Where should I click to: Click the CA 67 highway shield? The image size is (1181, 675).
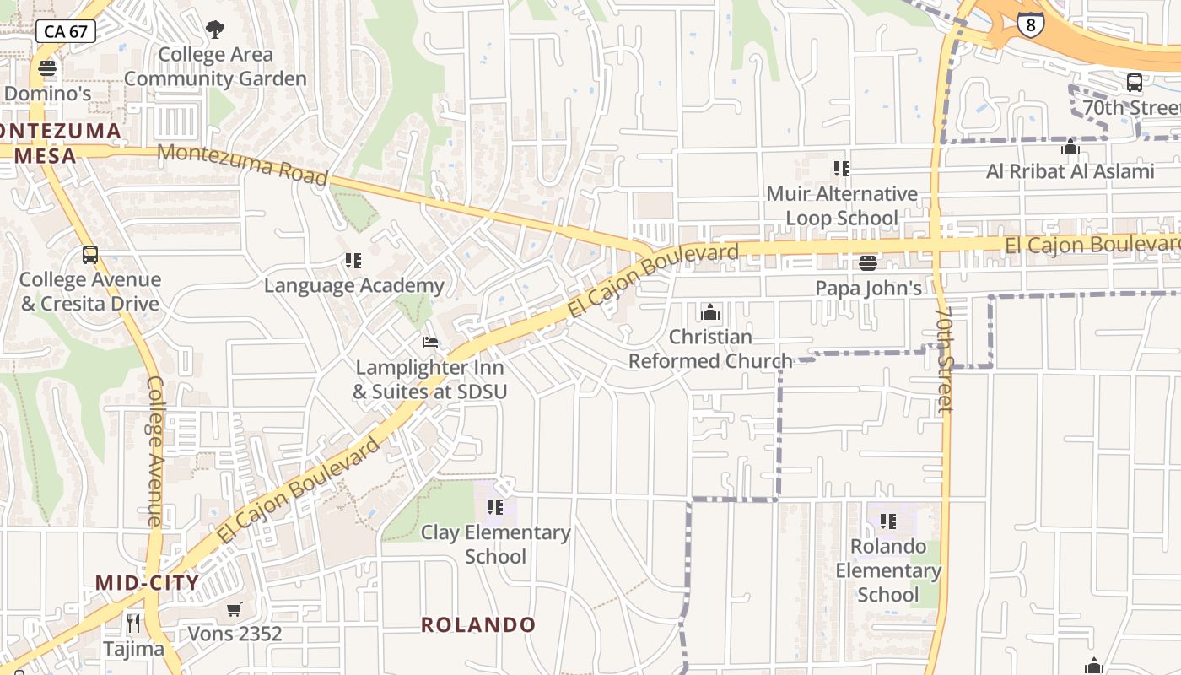click(66, 32)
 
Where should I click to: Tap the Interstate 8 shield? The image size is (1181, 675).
click(1029, 24)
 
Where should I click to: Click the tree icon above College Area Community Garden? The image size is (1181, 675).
click(215, 30)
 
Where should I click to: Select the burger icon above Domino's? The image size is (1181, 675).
click(47, 67)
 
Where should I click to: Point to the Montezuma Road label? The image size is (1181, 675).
click(242, 165)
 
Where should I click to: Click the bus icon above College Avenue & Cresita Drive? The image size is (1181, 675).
click(89, 254)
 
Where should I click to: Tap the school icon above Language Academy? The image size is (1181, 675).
click(353, 261)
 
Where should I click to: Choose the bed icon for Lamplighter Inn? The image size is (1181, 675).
click(430, 343)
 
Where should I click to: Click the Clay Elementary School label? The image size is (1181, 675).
click(496, 544)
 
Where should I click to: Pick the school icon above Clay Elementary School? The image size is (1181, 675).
click(495, 507)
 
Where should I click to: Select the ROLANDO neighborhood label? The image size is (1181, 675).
click(478, 625)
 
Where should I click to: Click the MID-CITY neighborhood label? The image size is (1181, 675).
click(147, 583)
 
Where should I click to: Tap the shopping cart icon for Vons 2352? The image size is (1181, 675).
click(235, 609)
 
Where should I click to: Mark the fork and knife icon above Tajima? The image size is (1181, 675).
click(133, 624)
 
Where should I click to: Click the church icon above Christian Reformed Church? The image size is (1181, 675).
click(710, 312)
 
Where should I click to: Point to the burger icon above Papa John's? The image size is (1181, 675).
click(867, 263)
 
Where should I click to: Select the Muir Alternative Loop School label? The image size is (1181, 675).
click(842, 206)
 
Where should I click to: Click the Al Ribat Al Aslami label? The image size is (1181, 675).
click(1070, 172)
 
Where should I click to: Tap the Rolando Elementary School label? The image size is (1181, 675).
click(887, 570)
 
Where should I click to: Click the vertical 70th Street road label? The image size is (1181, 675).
click(943, 359)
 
